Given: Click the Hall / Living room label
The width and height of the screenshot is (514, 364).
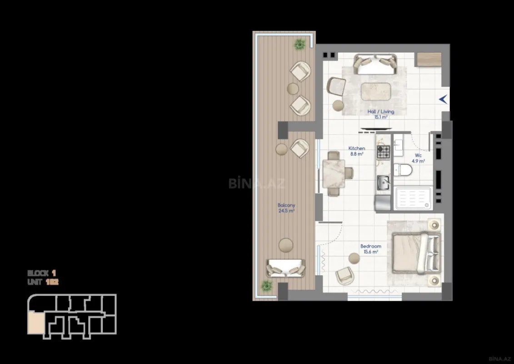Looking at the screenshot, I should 381,111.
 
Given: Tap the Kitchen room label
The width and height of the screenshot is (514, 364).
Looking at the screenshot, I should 357,148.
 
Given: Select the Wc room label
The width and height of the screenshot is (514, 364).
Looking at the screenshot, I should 418,156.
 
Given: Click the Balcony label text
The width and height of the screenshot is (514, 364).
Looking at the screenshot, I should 286,205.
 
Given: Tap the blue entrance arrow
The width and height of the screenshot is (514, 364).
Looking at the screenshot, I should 443,99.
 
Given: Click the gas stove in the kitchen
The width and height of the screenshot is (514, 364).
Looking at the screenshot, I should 383,152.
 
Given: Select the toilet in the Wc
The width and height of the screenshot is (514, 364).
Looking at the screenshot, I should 403,170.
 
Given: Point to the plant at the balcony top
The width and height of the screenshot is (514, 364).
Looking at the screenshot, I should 300,44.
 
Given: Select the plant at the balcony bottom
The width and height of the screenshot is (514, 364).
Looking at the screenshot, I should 266,285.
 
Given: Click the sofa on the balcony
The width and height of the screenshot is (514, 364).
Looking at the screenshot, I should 285,268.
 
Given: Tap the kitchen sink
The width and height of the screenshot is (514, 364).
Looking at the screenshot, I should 383,184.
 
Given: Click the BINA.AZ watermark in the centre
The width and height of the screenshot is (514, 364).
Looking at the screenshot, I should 257,183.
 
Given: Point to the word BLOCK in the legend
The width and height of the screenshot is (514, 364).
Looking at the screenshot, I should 38,273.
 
